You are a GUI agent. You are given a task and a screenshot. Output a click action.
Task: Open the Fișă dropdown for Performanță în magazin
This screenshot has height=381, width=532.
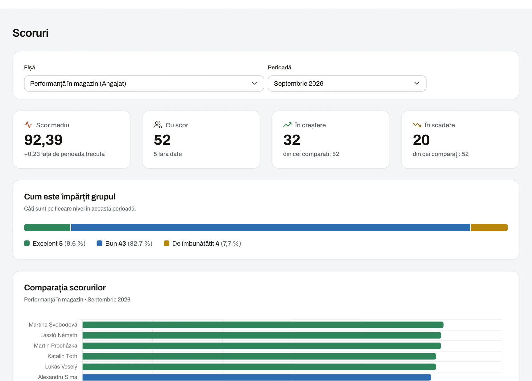tap(144, 84)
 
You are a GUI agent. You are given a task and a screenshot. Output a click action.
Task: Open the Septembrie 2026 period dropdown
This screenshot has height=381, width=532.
tap(347, 84)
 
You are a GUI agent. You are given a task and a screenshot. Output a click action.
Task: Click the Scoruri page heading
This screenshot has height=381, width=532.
tap(31, 33)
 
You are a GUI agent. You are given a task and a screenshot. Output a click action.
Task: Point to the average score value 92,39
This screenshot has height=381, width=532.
tap(43, 140)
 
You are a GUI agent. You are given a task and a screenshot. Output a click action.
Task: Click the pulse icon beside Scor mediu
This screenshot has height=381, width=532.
tap(28, 125)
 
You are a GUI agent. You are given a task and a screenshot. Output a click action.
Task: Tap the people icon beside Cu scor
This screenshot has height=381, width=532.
tap(158, 125)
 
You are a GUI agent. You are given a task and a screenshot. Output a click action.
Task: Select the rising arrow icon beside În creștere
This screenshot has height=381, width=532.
tap(287, 125)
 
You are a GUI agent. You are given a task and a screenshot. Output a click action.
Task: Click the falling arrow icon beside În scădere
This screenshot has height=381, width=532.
tap(417, 125)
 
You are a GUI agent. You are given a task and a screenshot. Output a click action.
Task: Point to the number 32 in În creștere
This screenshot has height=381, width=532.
tap(292, 140)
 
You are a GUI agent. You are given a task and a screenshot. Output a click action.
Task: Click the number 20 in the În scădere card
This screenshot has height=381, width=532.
tap(421, 140)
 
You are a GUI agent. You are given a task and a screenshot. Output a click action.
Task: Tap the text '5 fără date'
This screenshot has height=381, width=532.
tap(168, 154)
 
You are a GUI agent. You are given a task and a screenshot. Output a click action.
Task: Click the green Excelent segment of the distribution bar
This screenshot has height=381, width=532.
tap(47, 227)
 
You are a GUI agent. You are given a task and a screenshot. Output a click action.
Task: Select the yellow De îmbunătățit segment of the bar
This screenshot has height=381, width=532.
tap(489, 227)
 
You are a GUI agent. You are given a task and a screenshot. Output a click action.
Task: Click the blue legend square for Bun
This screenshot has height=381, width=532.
tap(100, 243)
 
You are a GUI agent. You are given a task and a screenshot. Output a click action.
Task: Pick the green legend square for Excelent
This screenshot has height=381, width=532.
tap(27, 243)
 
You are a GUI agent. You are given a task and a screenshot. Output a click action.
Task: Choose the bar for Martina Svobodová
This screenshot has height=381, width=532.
tap(263, 325)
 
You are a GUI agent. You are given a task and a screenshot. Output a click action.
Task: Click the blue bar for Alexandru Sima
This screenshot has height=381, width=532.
tap(257, 377)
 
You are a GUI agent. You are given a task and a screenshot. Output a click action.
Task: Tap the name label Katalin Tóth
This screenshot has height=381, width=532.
tap(62, 356)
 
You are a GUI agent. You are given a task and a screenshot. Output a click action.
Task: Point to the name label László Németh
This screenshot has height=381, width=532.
tap(59, 335)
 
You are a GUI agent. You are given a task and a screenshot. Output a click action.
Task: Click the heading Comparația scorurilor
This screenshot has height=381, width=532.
tap(65, 288)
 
